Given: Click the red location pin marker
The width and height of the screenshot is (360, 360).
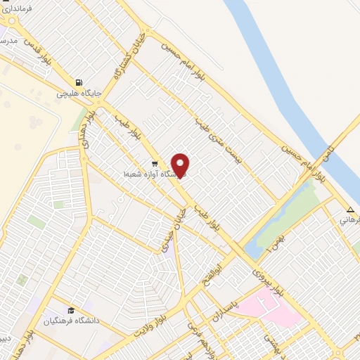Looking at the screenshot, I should (181, 165).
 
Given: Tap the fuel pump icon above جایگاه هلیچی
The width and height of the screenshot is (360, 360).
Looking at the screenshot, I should (85, 82).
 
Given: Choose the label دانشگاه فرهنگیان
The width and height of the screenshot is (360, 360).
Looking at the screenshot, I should (70, 321).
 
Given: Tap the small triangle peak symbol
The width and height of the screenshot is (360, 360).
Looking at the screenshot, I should (350, 209).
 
